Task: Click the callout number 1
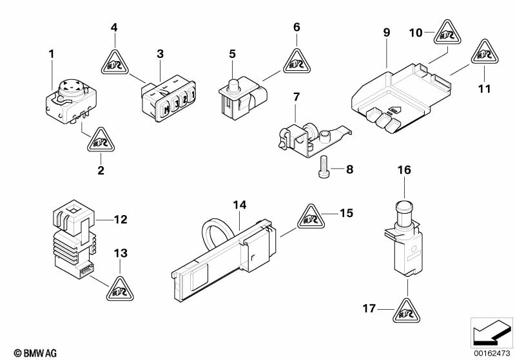(x=52, y=55)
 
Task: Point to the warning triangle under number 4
(x=115, y=62)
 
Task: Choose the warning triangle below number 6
(x=296, y=62)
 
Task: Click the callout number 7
(x=296, y=97)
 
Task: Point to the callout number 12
(x=121, y=220)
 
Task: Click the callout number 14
(x=240, y=205)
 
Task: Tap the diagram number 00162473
(x=491, y=353)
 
